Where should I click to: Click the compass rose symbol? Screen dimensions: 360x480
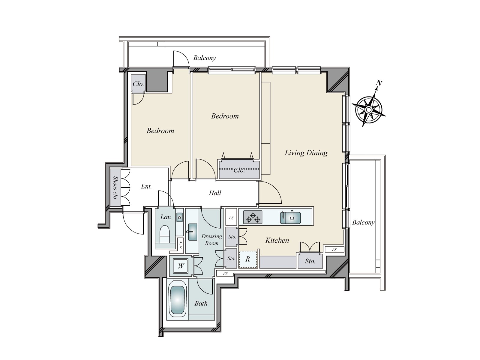point(369,109)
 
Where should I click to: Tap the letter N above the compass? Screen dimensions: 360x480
point(379,83)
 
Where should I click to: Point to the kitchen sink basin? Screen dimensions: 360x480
point(290,217)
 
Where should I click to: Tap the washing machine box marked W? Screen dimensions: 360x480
point(181,266)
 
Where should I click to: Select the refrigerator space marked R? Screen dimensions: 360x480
point(248,259)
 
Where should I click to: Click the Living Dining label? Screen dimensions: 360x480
point(306,153)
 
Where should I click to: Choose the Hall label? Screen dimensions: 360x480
point(215,193)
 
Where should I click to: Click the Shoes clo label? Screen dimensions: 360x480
point(115,188)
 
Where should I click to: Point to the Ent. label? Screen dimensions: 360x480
point(146,187)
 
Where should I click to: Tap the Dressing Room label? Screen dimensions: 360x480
point(212,240)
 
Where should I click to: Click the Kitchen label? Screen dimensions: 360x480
point(277,240)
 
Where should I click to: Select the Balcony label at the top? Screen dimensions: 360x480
point(204,58)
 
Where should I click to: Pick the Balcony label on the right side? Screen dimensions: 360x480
point(363,222)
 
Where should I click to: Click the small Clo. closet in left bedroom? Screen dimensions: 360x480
point(138,84)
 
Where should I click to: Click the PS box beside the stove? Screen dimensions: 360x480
point(231,218)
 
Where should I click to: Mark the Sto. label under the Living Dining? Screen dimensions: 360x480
point(310,261)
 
